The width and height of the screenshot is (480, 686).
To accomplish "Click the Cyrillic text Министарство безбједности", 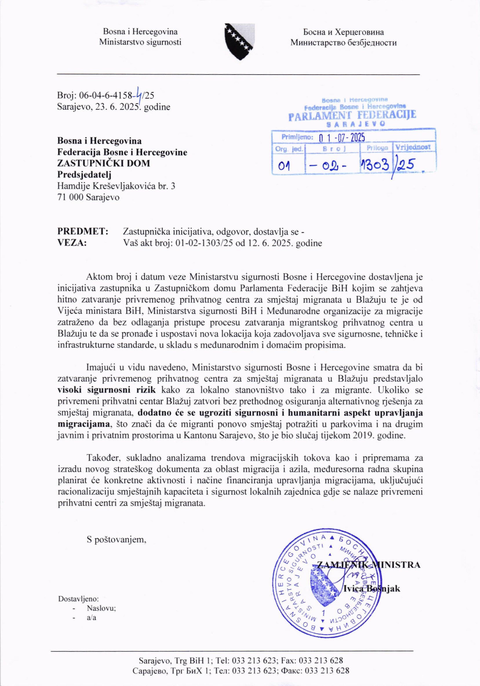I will click(x=344, y=43).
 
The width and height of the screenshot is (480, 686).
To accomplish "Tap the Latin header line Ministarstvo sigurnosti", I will click(x=140, y=42).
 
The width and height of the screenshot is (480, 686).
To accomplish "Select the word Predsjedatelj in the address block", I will click(x=84, y=175).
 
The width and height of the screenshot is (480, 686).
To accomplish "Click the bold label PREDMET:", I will click(x=83, y=231).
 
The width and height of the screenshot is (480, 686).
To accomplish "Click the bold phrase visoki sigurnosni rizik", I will click(x=107, y=390).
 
